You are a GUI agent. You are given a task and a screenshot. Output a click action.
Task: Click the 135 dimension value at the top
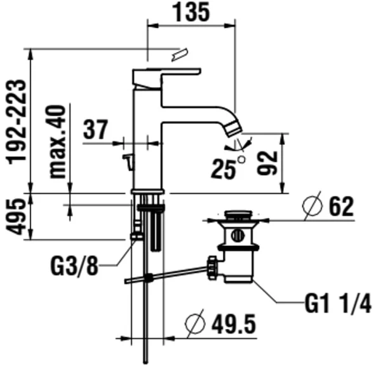(191, 13)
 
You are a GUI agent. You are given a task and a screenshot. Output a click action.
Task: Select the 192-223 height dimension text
(17, 122)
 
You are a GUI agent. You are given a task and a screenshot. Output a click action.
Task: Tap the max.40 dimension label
(57, 142)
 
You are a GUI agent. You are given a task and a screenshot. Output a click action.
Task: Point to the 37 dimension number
(96, 130)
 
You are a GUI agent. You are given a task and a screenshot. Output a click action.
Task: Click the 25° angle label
(228, 168)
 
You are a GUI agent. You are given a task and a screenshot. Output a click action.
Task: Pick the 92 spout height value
(267, 163)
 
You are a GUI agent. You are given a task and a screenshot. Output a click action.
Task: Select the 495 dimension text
(16, 217)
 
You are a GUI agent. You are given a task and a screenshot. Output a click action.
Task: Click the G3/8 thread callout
(74, 266)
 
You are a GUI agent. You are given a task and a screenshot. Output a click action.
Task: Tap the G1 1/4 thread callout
(338, 303)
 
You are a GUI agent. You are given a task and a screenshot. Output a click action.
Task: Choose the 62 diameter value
(342, 207)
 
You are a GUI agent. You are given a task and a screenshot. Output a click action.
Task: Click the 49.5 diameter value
(234, 324)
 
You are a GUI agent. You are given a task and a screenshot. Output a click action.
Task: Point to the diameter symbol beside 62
(312, 206)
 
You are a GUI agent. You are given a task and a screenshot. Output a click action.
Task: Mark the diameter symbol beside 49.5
(195, 324)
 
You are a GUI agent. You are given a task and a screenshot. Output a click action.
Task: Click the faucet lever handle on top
(166, 78)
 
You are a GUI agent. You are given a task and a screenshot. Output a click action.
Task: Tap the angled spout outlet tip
(234, 130)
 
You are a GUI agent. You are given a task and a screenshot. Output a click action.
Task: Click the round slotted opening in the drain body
(238, 235)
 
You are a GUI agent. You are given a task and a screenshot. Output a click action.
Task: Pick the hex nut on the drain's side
(212, 268)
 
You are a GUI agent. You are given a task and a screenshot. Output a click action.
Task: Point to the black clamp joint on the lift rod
(149, 278)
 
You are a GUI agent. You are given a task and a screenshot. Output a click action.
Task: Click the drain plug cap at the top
(238, 214)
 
